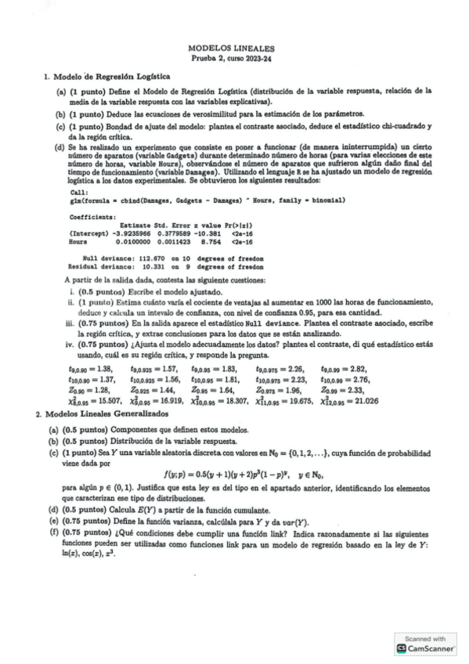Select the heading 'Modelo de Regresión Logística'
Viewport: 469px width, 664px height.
tap(112, 77)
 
